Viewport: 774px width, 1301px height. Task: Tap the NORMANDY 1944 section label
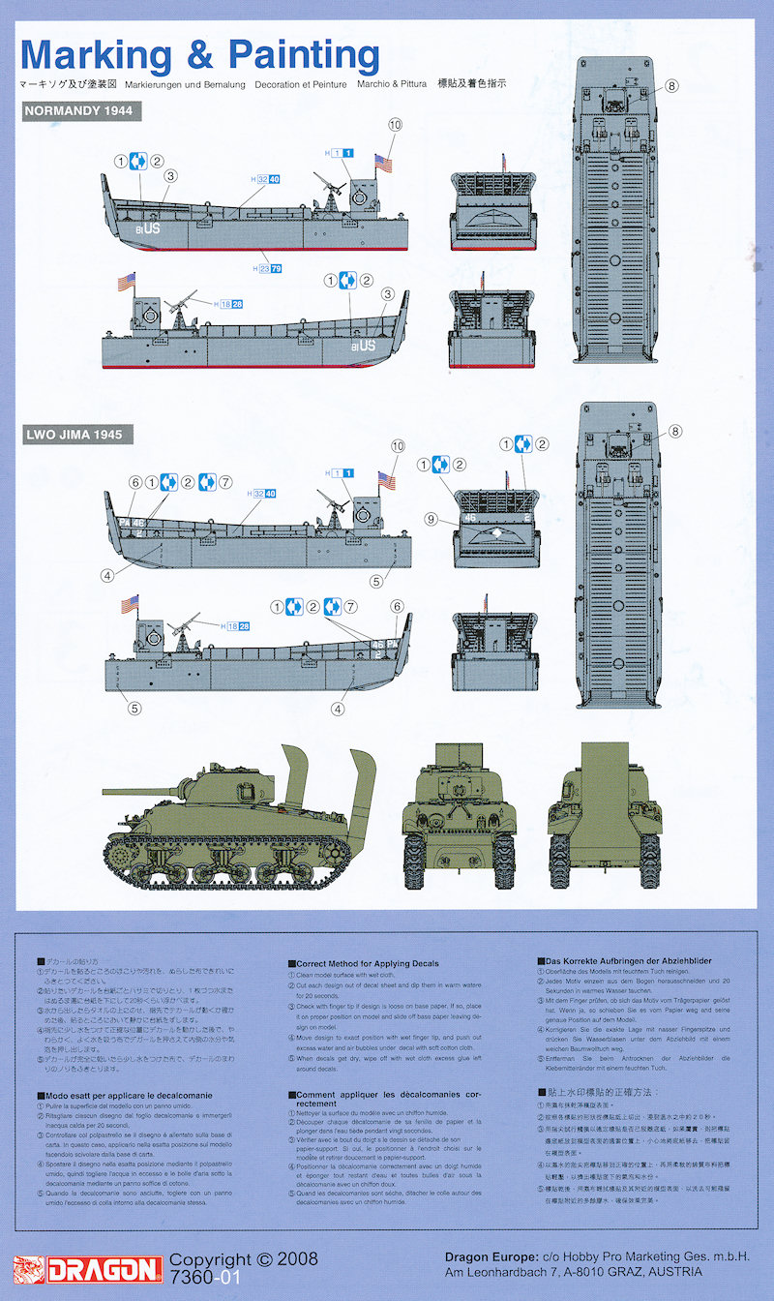pyautogui.click(x=82, y=111)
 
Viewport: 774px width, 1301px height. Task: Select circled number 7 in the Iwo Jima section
pyautogui.click(x=226, y=482)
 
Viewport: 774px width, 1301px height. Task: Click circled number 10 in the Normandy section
pyautogui.click(x=394, y=124)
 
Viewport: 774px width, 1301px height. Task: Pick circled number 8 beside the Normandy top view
pyautogui.click(x=672, y=85)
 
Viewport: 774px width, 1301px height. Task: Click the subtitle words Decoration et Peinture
pyautogui.click(x=303, y=84)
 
